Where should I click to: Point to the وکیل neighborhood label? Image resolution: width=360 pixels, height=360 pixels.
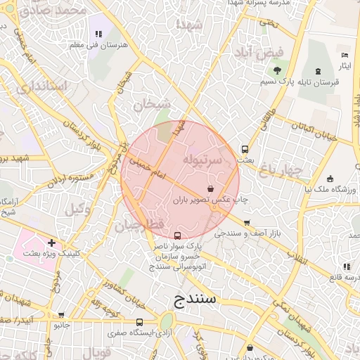pos(78,209)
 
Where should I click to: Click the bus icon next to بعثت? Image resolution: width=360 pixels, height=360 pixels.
pos(245,149)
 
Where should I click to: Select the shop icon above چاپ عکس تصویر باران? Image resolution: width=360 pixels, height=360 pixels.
pos(211,188)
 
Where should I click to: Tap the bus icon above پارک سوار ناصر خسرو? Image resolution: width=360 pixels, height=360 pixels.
pos(176,236)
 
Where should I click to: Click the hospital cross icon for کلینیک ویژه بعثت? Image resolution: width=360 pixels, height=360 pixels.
pos(51,242)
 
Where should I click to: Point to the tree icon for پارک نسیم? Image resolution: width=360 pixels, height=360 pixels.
pos(277,70)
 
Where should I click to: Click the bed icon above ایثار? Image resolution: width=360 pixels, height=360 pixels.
pos(344,55)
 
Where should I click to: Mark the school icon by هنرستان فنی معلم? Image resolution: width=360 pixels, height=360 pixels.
pos(98,34)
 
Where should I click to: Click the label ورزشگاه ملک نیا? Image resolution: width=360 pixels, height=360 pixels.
pos(328,189)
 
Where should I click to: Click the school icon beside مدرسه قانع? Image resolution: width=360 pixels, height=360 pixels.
pos(346,266)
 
